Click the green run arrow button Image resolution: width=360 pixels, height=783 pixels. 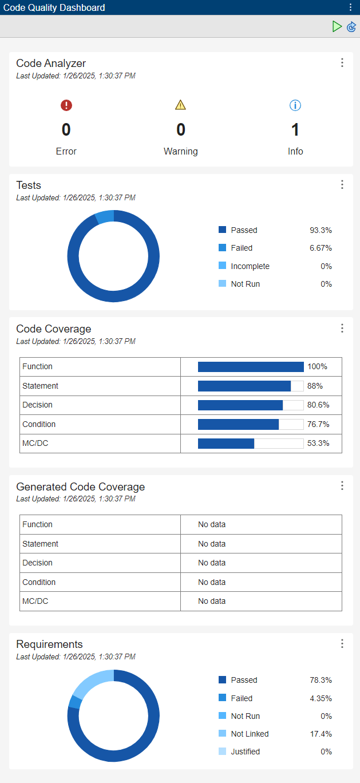coord(337,26)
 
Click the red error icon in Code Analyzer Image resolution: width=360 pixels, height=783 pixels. coord(66,105)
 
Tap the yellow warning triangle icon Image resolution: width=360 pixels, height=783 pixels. coord(181,105)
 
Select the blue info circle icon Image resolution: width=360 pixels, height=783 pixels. coord(295,105)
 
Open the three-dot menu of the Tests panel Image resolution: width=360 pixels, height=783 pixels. coord(342,184)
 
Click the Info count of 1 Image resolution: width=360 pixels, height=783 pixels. coord(295,130)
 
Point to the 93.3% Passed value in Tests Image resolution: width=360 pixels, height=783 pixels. coord(321,230)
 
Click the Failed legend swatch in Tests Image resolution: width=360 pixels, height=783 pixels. coord(223,248)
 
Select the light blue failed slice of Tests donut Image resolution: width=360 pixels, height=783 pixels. coord(105,217)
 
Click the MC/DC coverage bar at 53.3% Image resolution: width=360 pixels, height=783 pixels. coord(226,444)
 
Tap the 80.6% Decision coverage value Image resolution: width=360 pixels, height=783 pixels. coord(318,405)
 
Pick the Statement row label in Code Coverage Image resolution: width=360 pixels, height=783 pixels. coord(41,386)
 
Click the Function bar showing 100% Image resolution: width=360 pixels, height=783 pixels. coord(251,367)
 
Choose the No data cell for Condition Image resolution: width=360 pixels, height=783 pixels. coord(212,582)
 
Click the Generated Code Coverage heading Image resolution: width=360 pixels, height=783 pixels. coord(81,487)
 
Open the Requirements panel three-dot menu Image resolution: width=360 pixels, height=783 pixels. coord(342,643)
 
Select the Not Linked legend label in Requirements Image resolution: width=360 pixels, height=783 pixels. coord(250,734)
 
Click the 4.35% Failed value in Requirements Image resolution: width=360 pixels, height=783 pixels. coord(321,698)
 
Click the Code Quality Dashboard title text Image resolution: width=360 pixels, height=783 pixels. coord(54,7)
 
